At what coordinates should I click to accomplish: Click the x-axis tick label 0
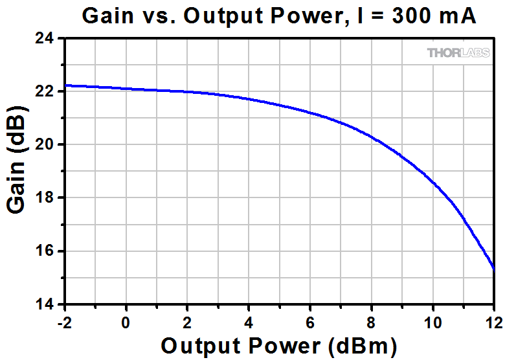pos(126,322)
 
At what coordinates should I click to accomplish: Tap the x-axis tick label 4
pos(249,322)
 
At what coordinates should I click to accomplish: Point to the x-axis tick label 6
pos(310,322)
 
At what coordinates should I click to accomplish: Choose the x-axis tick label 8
pos(372,322)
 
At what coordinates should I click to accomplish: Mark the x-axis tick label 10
pos(432,322)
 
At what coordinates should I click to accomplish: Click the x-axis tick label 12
pos(493,322)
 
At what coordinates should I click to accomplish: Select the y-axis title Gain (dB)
pos(17,171)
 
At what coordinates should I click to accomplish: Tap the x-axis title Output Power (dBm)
pos(278,346)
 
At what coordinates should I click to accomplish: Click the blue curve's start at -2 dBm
pos(65,85)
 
